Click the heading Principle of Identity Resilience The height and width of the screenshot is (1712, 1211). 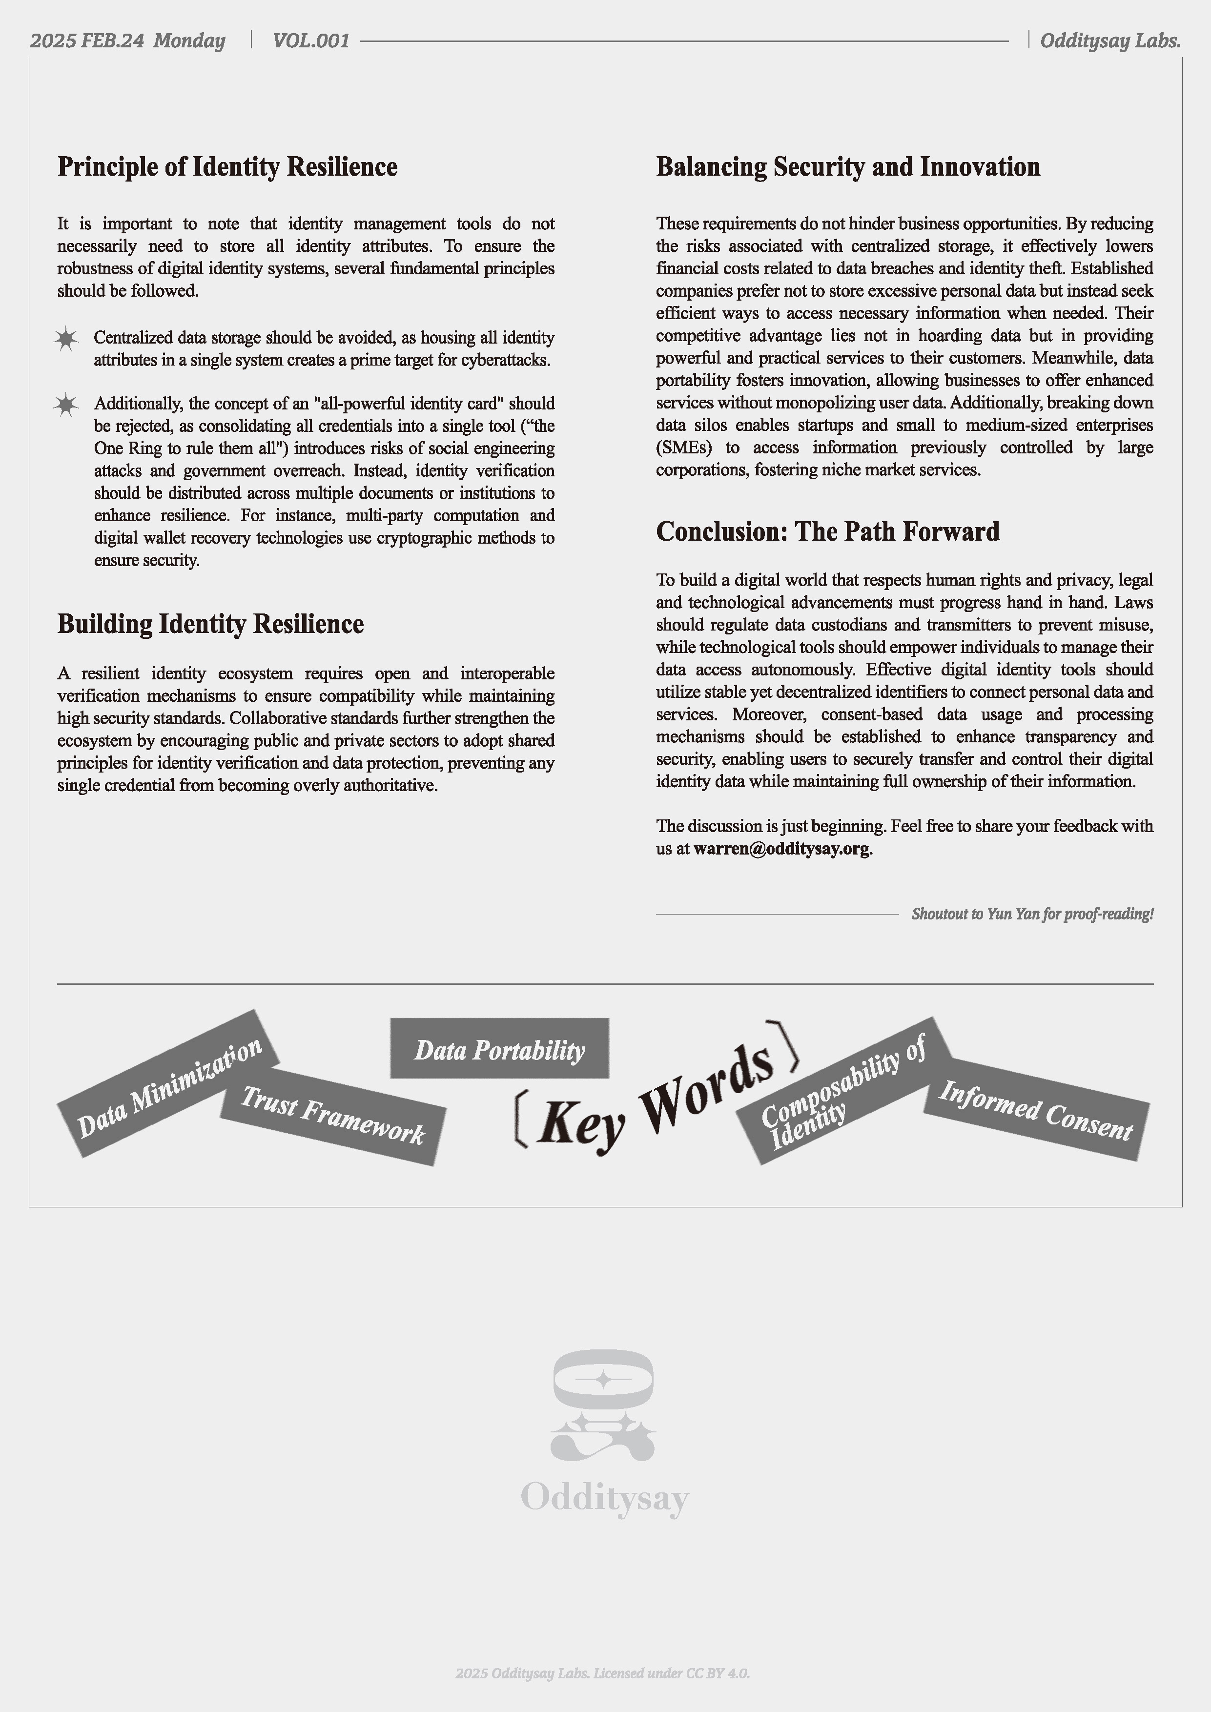[x=227, y=167]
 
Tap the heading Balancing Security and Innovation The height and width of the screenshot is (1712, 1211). [x=848, y=167]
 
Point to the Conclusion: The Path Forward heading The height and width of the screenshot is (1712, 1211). [x=828, y=531]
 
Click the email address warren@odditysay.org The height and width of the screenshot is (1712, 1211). [x=781, y=849]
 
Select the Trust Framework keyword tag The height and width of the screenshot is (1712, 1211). [x=332, y=1116]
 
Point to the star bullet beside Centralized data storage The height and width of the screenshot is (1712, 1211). [x=66, y=339]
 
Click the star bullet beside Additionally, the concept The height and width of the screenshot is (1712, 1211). [x=66, y=406]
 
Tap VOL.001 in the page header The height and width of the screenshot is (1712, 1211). [x=311, y=41]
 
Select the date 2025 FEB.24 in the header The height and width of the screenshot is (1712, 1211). [x=87, y=41]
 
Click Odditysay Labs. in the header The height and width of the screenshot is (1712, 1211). [x=1109, y=41]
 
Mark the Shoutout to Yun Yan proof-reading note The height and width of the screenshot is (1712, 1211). [x=1032, y=914]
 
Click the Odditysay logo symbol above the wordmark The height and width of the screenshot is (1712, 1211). [x=603, y=1405]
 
